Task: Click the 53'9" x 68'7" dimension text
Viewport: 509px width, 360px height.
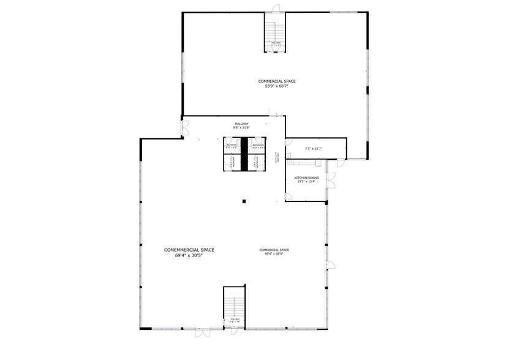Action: coord(276,86)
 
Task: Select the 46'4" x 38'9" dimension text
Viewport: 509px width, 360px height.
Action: coord(274,253)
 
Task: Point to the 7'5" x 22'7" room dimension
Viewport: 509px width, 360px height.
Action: coord(314,148)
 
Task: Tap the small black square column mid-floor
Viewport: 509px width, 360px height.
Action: coord(244,200)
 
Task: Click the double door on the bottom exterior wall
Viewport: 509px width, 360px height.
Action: coord(203,333)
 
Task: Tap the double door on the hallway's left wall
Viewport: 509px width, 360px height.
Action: coord(184,129)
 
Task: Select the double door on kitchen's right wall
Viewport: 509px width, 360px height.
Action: coord(331,180)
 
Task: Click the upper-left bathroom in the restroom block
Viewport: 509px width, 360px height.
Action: coord(232,146)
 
